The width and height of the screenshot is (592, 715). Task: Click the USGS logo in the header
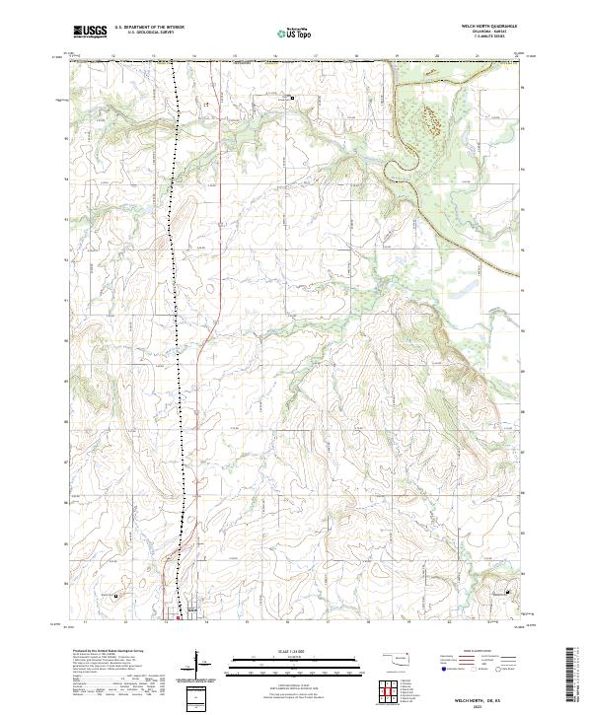click(90, 32)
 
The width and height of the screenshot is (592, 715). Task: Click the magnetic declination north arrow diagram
click(196, 664)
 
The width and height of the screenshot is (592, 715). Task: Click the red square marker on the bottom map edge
click(179, 619)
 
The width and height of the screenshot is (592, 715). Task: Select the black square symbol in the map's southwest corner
click(115, 596)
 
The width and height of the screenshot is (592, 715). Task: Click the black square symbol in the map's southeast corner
click(508, 592)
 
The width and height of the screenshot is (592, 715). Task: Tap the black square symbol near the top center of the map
click(292, 98)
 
